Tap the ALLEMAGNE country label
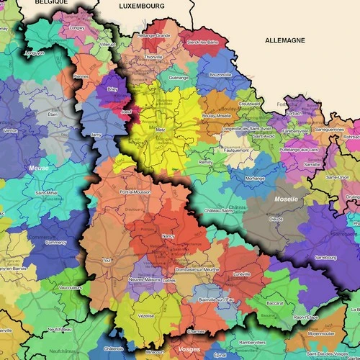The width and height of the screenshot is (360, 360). (x=285, y=41)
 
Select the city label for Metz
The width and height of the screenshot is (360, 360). (x=161, y=130)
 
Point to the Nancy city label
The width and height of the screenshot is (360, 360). (x=168, y=236)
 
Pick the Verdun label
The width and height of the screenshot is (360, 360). (x=10, y=131)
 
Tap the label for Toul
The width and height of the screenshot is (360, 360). (x=108, y=260)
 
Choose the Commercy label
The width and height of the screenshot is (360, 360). (x=55, y=243)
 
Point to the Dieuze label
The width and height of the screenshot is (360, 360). (x=276, y=218)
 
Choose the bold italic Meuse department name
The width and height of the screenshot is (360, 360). (x=38, y=168)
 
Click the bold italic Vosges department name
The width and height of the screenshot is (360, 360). (x=189, y=349)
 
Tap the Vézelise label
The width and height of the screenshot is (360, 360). (x=146, y=316)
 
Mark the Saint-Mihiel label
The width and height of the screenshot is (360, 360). (x=48, y=194)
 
